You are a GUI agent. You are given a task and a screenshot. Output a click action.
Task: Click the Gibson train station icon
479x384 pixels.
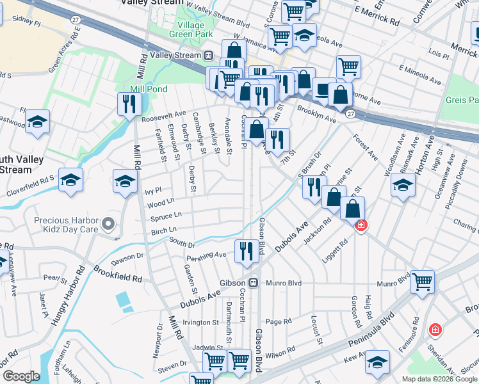coord(254,283)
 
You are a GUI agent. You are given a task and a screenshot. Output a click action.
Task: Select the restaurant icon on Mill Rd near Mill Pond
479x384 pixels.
coord(129,104)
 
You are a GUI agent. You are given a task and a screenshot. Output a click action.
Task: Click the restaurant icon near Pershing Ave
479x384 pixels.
coord(247,250)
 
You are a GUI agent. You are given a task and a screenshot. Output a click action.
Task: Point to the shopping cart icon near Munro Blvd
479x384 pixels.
coord(422,281)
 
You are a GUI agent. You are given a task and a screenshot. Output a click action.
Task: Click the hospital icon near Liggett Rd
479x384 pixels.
coord(361,226)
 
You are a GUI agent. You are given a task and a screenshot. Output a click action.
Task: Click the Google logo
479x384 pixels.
coord(21,376)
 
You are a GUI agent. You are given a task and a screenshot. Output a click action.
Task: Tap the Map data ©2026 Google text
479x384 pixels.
coord(439,379)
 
